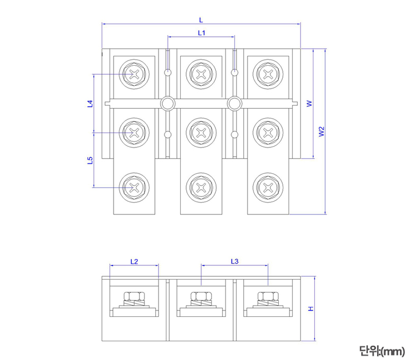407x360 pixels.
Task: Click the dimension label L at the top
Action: click(201, 20)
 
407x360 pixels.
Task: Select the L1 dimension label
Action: click(201, 33)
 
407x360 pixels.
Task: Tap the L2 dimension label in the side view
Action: click(134, 262)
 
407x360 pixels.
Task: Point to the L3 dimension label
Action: click(235, 262)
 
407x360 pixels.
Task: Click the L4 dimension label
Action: click(90, 104)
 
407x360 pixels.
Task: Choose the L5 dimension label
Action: click(90, 160)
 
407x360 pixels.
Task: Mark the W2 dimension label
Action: click(321, 132)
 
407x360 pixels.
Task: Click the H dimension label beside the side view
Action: click(310, 309)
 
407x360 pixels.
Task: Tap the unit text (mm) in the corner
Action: click(382, 350)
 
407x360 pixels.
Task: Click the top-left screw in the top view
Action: click(134, 74)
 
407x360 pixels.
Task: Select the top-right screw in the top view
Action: click(268, 74)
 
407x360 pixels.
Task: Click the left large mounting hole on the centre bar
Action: click(167, 104)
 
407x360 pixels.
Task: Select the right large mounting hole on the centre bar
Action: click(234, 104)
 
